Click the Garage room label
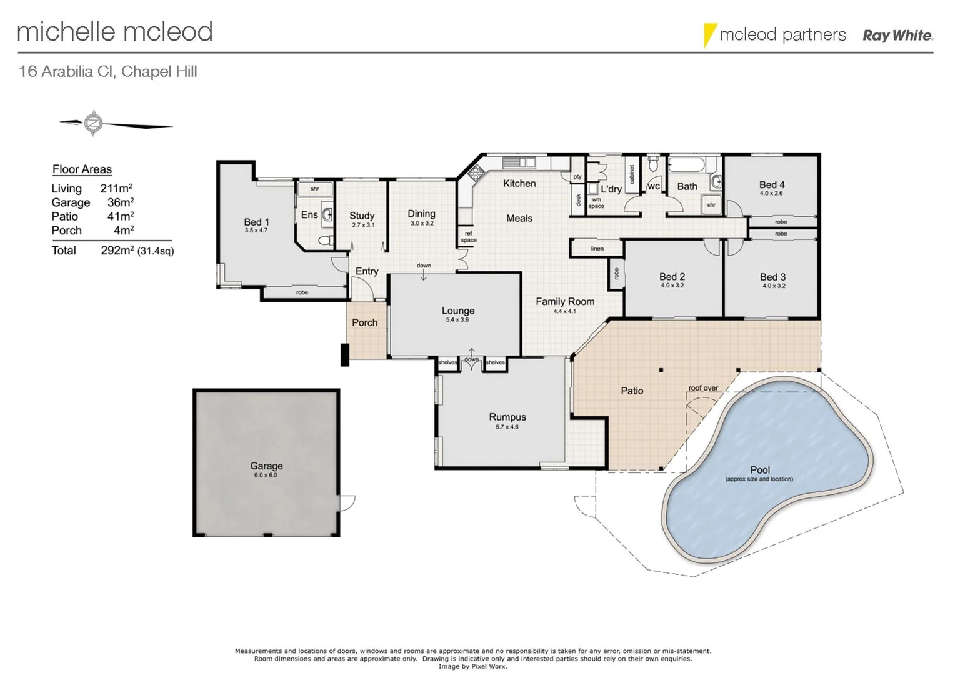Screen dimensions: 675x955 [x=266, y=466]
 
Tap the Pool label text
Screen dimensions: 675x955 [x=760, y=470]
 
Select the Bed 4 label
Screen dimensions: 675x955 [x=772, y=184]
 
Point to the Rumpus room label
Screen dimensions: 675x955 [x=507, y=417]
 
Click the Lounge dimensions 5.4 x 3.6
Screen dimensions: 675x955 [x=457, y=320]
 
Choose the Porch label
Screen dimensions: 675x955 [x=364, y=322]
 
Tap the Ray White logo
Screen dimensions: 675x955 [x=897, y=36]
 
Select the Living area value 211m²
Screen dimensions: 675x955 [x=116, y=188]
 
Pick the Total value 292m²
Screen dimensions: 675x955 [x=117, y=251]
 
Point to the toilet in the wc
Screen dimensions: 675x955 [x=654, y=164]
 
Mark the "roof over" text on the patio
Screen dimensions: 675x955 [x=703, y=388]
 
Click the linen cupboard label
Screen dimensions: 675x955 [x=597, y=249]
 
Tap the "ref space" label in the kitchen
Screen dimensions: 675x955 [x=468, y=237]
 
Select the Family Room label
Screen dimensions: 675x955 [x=565, y=301]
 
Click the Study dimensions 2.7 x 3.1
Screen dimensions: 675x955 [x=362, y=225]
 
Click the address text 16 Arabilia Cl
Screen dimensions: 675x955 [x=66, y=71]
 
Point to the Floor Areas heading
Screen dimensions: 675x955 [x=82, y=169]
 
